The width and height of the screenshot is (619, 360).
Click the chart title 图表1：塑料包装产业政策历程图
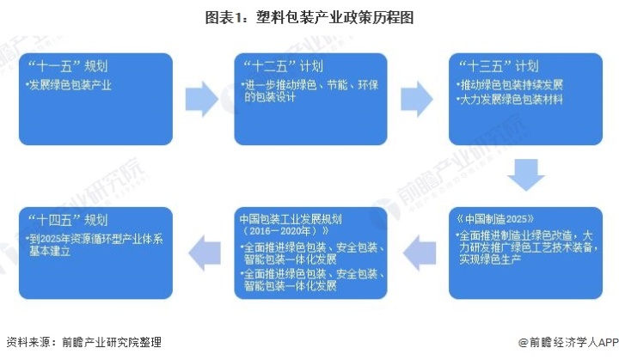309,18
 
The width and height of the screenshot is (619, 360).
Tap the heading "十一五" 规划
68,66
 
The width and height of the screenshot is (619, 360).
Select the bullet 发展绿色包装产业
69,85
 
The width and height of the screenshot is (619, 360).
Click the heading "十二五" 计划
283,66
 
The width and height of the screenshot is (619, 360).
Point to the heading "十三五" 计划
498,66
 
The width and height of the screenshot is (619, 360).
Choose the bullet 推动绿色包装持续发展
510,85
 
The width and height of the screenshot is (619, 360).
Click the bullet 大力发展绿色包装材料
510,100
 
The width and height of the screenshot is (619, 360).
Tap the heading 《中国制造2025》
495,219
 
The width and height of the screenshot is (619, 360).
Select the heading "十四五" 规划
68,220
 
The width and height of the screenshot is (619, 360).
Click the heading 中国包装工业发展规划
291,219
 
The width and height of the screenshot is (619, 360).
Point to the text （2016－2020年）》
284,231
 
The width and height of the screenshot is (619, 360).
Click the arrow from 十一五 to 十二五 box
202,99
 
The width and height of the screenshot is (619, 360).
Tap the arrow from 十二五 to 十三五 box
417,99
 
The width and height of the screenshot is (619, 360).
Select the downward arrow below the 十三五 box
526,175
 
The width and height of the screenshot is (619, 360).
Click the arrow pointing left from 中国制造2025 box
420,253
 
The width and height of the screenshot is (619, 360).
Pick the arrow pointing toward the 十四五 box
205,253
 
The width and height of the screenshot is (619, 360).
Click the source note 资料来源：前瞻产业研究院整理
83,342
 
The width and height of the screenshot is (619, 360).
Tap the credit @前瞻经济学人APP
568,342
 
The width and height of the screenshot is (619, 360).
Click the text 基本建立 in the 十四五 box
50,251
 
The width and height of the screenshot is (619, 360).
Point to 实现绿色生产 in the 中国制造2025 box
490,259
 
